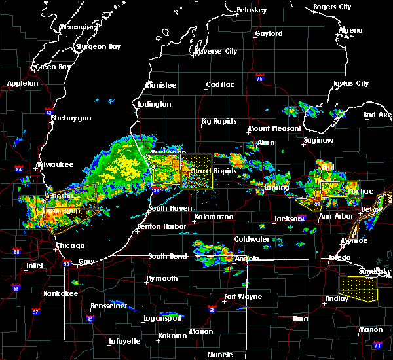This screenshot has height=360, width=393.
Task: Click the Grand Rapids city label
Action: click(x=209, y=171)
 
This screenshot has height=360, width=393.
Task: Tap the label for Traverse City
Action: click(x=216, y=51)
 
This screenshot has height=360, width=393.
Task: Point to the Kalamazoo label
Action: click(x=214, y=217)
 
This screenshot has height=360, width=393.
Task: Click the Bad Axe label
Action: click(x=378, y=115)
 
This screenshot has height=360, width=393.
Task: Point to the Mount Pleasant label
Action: click(x=275, y=129)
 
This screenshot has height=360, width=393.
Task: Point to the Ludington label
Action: click(x=155, y=104)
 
